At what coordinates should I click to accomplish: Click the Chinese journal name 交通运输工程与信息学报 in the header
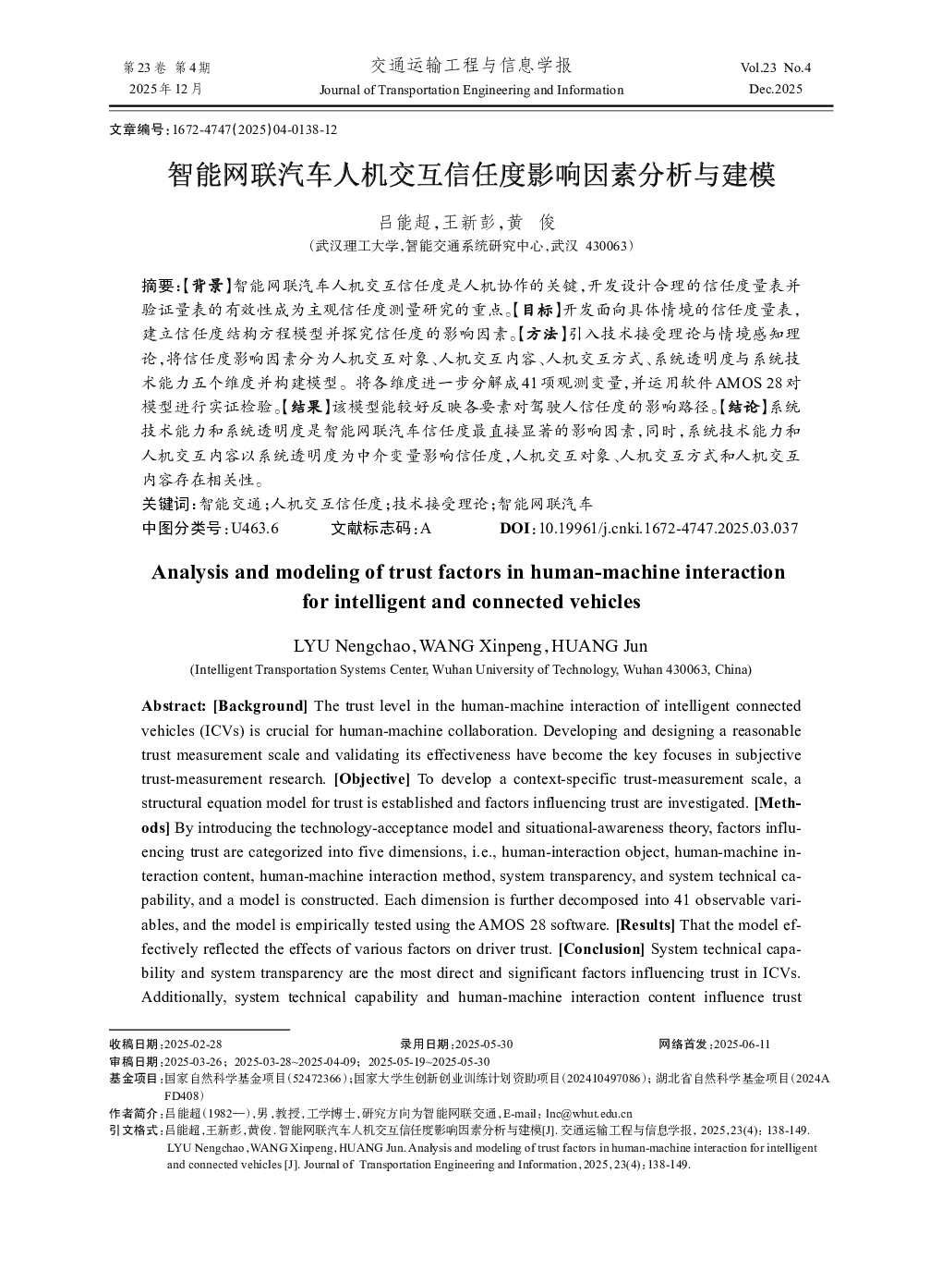pos(471,66)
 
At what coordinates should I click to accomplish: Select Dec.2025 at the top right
pos(776,90)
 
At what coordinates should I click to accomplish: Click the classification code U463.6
pos(255,529)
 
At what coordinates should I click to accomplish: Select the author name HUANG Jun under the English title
pos(599,646)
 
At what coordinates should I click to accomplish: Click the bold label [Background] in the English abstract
pos(260,706)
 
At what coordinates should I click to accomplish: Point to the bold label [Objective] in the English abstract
pos(371,779)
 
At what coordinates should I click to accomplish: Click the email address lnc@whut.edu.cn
pos(588,1114)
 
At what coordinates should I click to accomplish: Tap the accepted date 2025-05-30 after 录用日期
pos(484,1045)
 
